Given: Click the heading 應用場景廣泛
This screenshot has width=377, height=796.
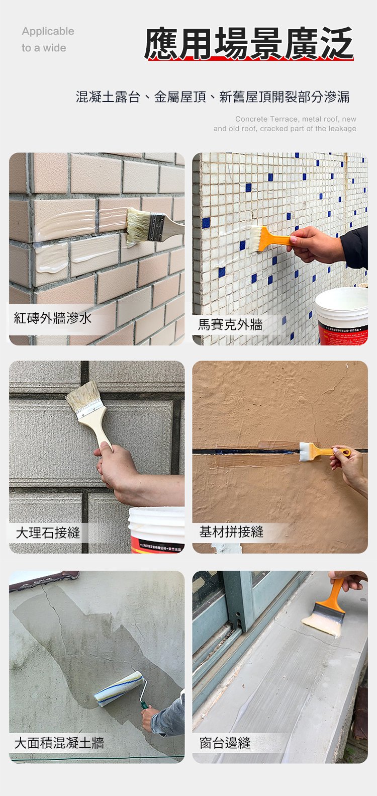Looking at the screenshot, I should (x=249, y=44).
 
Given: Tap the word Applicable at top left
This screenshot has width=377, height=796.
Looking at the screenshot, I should (x=48, y=31).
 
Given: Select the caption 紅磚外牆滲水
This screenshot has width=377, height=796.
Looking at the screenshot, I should (x=53, y=318).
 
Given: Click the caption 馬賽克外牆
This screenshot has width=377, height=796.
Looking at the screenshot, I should (x=230, y=325).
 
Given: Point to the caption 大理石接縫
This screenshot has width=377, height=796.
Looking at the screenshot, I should (x=48, y=533).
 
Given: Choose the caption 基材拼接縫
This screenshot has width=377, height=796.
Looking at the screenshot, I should (x=231, y=532).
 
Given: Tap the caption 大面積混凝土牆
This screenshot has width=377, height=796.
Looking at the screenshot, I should (x=59, y=742).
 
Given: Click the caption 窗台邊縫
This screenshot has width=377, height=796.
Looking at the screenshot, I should (x=225, y=743).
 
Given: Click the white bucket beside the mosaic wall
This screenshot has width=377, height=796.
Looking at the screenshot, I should (x=342, y=314).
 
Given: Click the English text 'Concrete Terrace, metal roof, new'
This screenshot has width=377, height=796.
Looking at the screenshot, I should (x=296, y=119).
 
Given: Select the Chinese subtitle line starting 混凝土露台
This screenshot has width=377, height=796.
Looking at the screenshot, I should (x=213, y=97).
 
